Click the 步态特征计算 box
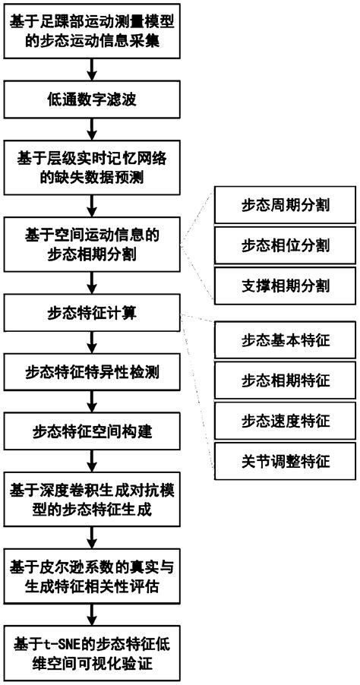pos(92,311)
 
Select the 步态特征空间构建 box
pos(92,432)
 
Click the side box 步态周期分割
pos(285,205)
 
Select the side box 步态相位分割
pos(285,245)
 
